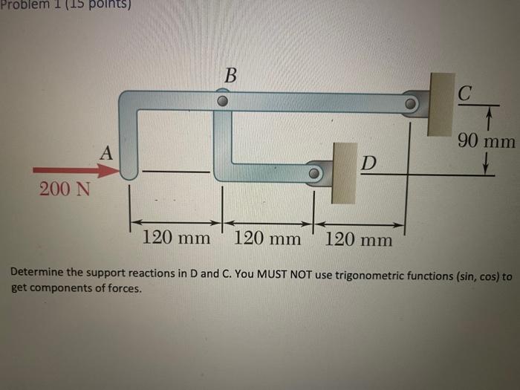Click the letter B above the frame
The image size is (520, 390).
[x=231, y=75]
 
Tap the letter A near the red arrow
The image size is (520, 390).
[x=107, y=153]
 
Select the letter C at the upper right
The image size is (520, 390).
[x=464, y=94]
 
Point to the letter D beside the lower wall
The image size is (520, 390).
[x=368, y=163]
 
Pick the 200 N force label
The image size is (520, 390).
[x=65, y=189]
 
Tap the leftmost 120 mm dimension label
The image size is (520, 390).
[x=175, y=238]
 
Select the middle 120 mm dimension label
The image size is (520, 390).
[x=267, y=238]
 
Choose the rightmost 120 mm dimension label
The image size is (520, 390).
[x=359, y=239]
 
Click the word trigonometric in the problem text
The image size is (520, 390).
[x=377, y=276]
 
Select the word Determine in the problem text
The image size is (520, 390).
[x=38, y=276]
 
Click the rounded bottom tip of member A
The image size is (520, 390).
[x=129, y=176]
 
